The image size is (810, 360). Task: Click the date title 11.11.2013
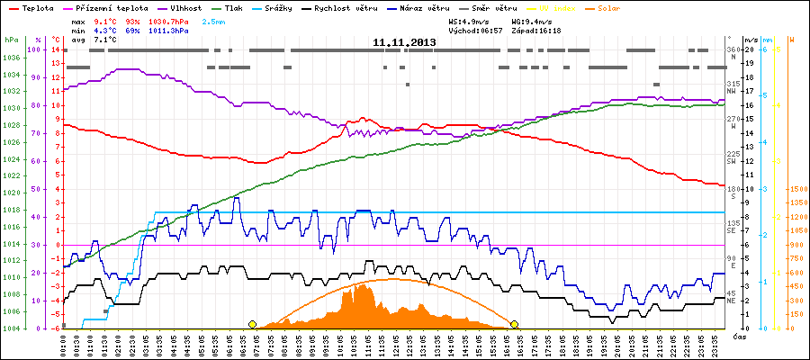click(x=405, y=41)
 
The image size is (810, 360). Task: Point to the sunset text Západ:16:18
click(x=535, y=30)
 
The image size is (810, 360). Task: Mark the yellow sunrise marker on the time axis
click(x=252, y=324)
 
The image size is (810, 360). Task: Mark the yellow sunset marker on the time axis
click(x=515, y=324)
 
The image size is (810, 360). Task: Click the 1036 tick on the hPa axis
click(x=11, y=57)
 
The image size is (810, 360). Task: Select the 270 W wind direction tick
click(x=732, y=120)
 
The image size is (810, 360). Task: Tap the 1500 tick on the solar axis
click(x=796, y=189)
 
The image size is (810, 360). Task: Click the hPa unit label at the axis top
click(x=10, y=40)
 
